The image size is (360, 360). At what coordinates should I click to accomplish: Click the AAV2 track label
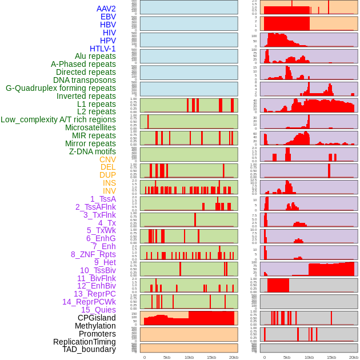pyautogui.click(x=106, y=9)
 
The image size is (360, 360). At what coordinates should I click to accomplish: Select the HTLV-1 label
pyautogui.click(x=103, y=49)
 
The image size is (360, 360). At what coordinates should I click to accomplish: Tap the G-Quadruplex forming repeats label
pyautogui.click(x=61, y=88)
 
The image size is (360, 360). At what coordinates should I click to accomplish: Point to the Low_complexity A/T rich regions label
pyautogui.click(x=58, y=119)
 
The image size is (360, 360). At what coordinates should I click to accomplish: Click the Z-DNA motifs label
pyautogui.click(x=93, y=151)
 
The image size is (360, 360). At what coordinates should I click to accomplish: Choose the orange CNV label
pyautogui.click(x=107, y=159)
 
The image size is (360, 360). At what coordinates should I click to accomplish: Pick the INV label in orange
pyautogui.click(x=109, y=191)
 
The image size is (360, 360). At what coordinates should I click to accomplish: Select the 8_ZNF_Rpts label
pyautogui.click(x=93, y=254)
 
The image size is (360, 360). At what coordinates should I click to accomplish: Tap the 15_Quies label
pyautogui.click(x=98, y=310)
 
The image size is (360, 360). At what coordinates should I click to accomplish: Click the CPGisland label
pyautogui.click(x=97, y=318)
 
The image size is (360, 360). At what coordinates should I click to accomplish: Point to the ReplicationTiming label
pyautogui.click(x=85, y=342)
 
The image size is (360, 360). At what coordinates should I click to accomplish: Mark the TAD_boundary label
pyautogui.click(x=89, y=349)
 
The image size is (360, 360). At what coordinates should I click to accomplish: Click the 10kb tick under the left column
pyautogui.click(x=189, y=357)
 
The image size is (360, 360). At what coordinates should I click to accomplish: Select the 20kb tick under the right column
pyautogui.click(x=354, y=357)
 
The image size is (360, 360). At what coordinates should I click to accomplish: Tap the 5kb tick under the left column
pyautogui.click(x=167, y=357)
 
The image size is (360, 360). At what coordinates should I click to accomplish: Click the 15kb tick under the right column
pyautogui.click(x=331, y=357)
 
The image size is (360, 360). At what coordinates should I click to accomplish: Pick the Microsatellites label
pyautogui.click(x=90, y=127)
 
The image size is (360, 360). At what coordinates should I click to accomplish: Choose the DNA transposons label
pyautogui.click(x=85, y=80)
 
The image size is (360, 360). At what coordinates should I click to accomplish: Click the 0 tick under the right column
pyautogui.click(x=264, y=357)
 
